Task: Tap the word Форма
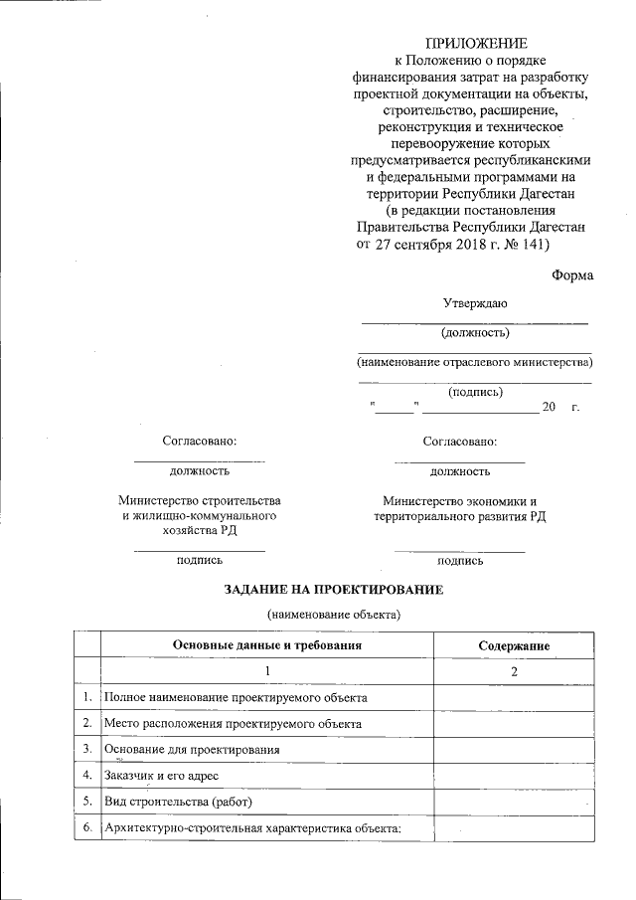click(x=572, y=275)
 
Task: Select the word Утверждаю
click(x=475, y=303)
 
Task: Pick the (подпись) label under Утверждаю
click(x=475, y=392)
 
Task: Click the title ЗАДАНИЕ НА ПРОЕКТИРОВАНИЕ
click(x=333, y=590)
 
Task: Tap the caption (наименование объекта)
click(x=333, y=616)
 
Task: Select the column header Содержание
click(x=514, y=645)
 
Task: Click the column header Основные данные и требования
click(x=266, y=645)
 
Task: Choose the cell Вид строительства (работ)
click(x=179, y=802)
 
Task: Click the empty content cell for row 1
click(x=514, y=698)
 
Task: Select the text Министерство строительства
click(x=199, y=500)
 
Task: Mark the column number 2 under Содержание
click(x=514, y=672)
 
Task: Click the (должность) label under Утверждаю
click(x=475, y=332)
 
